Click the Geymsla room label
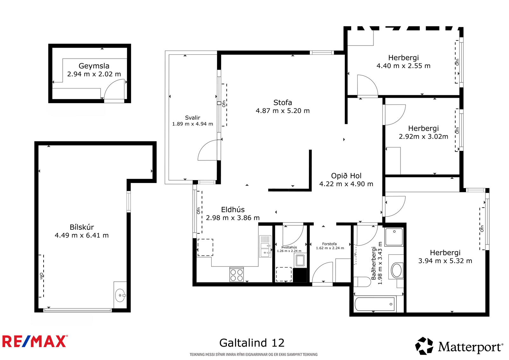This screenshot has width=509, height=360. [94, 66]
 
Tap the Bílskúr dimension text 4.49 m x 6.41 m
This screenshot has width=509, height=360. [81, 235]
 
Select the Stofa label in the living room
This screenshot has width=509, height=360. [282, 102]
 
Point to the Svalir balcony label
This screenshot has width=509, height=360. [192, 117]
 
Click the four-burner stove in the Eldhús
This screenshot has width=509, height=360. [237, 274]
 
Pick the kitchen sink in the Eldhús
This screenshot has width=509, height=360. [265, 246]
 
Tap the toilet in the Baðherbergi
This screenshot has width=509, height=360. [362, 282]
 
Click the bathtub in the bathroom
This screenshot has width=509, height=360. [375, 304]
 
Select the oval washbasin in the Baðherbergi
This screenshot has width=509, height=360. [396, 270]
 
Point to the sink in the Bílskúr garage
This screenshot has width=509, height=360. [120, 295]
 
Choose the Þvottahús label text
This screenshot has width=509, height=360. [289, 247]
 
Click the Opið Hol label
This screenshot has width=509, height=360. [346, 176]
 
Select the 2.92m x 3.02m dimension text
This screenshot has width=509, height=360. [423, 137]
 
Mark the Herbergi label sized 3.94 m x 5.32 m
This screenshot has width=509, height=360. [445, 253]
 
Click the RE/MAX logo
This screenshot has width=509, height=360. [35, 341]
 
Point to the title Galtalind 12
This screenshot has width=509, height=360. [252, 343]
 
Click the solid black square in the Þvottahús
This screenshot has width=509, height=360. [300, 275]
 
